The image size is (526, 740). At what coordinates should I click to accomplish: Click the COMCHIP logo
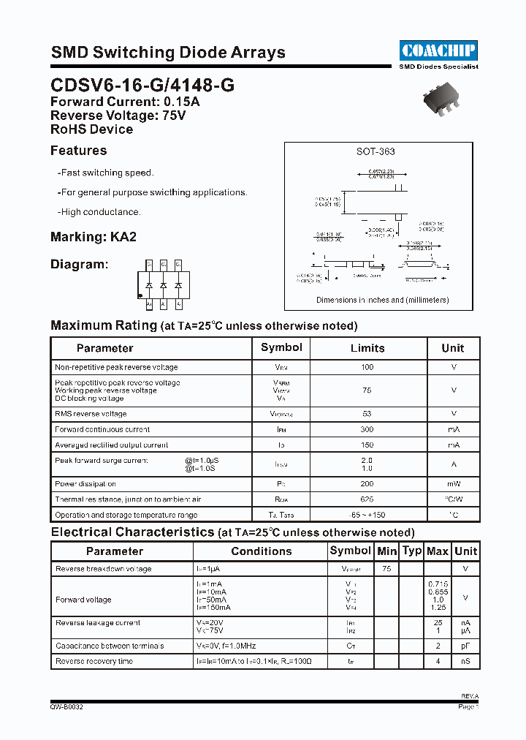coord(438,50)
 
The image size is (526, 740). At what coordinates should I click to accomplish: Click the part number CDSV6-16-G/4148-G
coord(142,85)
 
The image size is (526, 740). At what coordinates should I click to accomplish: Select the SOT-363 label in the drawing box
coord(376,151)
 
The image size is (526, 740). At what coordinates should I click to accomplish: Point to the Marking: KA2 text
coord(94,237)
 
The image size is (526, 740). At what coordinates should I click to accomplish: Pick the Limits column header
coord(367,348)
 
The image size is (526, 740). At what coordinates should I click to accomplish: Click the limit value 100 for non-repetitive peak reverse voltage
coord(367,367)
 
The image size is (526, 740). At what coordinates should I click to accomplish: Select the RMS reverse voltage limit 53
coord(367,414)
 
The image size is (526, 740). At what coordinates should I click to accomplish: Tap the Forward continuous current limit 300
coord(367,429)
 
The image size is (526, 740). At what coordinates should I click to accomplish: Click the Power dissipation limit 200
coord(367,483)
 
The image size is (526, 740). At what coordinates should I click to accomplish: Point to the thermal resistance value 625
coord(367,499)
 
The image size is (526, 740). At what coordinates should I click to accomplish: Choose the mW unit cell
coord(453,483)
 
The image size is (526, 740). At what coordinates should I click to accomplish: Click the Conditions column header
coord(261,551)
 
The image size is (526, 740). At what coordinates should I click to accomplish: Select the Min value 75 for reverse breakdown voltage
coord(386,569)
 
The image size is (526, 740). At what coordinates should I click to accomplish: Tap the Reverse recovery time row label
coord(94,661)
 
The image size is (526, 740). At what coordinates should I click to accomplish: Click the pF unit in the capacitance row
coord(465,646)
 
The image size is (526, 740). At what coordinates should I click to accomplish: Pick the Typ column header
coord(412,551)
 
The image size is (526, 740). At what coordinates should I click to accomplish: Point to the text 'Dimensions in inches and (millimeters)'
coord(382,300)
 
